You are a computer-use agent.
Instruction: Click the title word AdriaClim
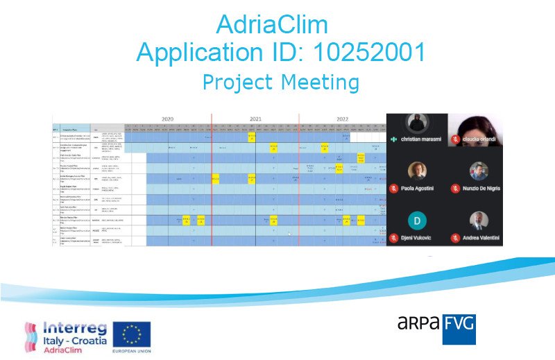[271, 25]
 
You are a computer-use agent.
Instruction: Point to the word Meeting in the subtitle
[320, 82]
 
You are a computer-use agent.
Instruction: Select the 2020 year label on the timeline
[167, 119]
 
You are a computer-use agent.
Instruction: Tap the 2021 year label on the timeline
[255, 119]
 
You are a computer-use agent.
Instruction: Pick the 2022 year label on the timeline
[343, 119]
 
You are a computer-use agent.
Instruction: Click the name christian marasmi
[420, 139]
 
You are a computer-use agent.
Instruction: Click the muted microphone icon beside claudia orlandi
[456, 139]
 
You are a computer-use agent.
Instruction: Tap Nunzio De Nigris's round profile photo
[478, 171]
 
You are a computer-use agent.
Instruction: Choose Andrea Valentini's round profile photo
[478, 221]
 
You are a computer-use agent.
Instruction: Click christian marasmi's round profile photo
[417, 123]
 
